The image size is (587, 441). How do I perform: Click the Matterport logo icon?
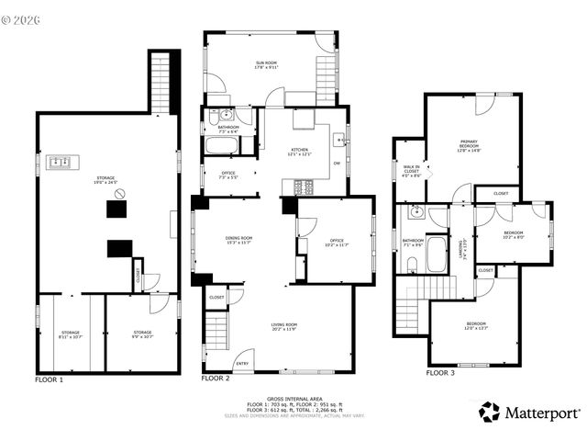490,413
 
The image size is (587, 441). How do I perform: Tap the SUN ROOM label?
266,63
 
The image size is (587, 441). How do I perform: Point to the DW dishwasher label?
337,164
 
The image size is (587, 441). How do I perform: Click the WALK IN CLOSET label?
411,170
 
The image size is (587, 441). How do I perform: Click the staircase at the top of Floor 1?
161,83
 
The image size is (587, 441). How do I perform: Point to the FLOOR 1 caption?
50,379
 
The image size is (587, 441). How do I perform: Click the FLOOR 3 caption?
440,373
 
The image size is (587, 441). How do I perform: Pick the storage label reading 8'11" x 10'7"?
71,334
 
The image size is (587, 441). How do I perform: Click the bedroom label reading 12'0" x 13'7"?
475,326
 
